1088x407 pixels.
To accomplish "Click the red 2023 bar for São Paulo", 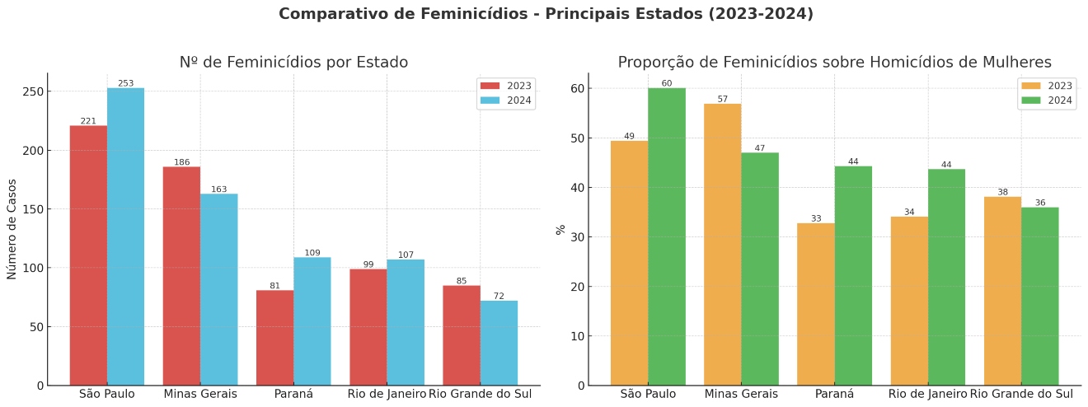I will [x=88, y=255].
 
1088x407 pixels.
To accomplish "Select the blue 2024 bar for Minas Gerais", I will [x=218, y=289].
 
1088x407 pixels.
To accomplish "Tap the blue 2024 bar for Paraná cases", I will [x=312, y=321].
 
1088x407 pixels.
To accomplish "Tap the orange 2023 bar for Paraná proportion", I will [x=816, y=304].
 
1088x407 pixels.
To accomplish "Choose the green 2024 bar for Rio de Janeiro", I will [x=947, y=277].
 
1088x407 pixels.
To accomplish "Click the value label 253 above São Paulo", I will [x=125, y=83].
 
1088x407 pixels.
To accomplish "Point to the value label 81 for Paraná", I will [x=275, y=286].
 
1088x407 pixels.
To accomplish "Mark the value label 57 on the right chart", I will [x=723, y=99].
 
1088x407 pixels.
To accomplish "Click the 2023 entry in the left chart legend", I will [x=506, y=86].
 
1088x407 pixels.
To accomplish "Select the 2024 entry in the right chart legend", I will [x=1047, y=101].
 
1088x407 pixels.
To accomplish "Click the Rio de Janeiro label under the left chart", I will [x=387, y=394].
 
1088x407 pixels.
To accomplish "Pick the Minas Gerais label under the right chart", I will [x=741, y=394].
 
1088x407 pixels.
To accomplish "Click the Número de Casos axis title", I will [x=12, y=228].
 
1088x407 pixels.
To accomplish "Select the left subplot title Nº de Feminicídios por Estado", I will [x=293, y=63].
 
